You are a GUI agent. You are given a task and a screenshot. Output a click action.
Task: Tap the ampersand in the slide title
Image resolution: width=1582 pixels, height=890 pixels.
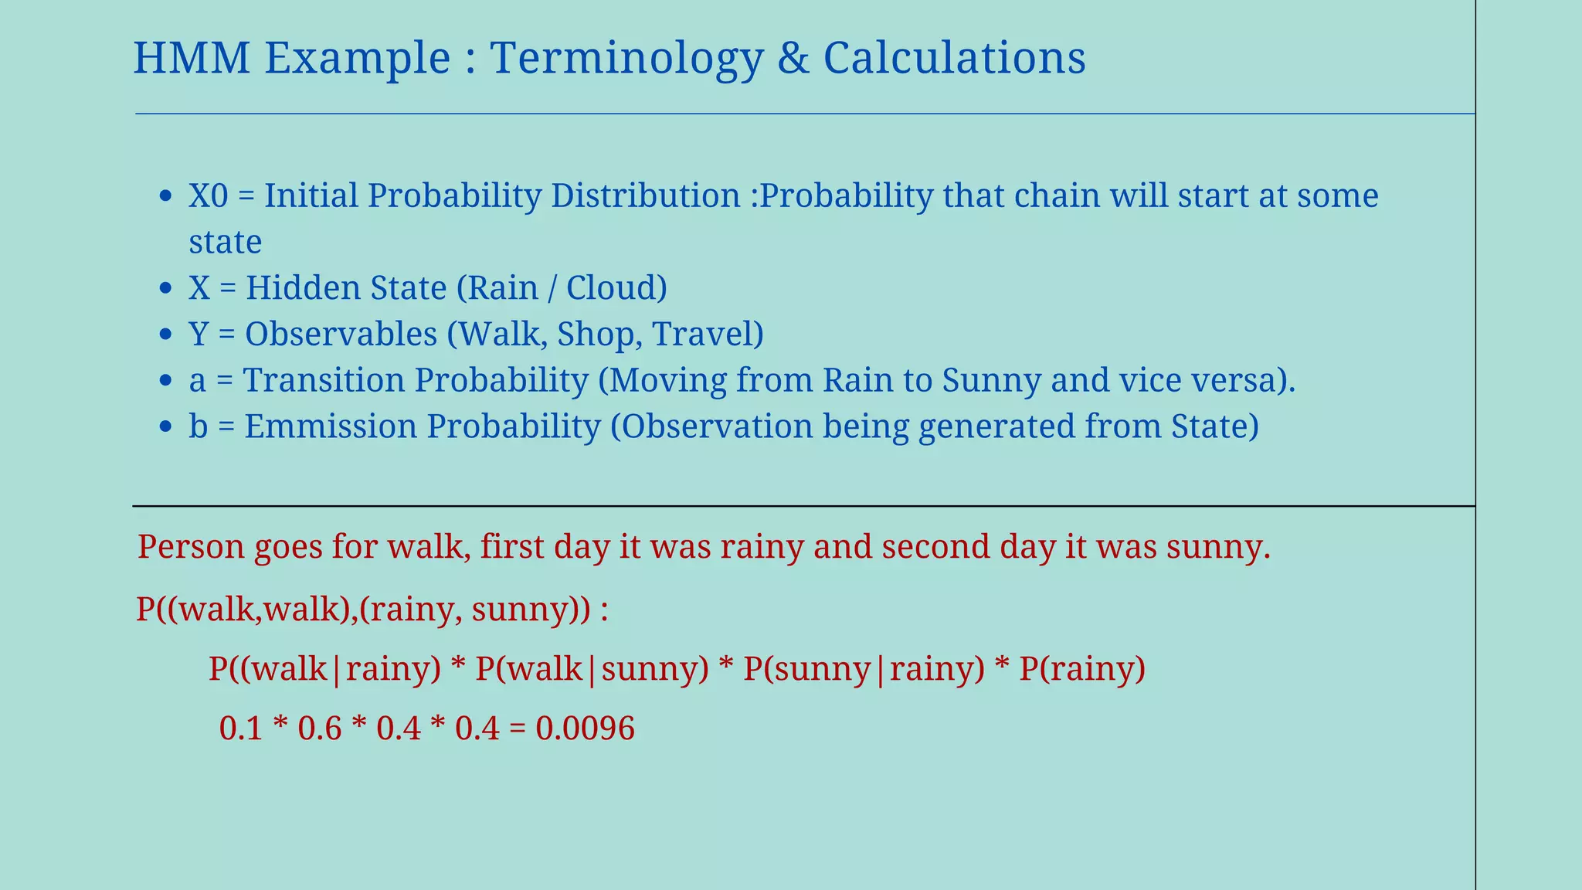click(793, 58)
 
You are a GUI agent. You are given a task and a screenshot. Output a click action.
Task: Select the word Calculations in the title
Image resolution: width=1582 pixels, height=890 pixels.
click(955, 58)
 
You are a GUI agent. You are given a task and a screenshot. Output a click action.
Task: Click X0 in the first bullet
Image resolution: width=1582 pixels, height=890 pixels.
click(209, 195)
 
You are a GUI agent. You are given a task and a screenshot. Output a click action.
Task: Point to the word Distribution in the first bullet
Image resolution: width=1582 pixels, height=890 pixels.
click(645, 195)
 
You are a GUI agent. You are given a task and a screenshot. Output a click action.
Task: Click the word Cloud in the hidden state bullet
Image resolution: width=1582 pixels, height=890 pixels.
click(610, 288)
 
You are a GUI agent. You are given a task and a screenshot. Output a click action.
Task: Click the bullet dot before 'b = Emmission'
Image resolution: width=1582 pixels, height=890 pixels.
click(165, 427)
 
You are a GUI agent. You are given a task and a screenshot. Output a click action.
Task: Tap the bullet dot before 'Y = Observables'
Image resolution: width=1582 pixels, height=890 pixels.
click(165, 335)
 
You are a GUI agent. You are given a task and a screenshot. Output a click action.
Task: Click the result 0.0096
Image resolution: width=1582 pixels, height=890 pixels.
click(585, 729)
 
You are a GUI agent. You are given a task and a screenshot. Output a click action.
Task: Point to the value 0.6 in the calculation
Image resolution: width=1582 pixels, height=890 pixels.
click(319, 729)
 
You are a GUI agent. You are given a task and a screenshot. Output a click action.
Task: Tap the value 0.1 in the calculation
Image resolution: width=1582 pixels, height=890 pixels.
click(241, 729)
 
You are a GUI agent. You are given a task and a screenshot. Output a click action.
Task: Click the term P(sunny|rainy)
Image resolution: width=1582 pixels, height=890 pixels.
click(864, 669)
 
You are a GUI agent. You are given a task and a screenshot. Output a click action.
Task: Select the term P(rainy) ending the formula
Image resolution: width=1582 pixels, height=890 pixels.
click(1081, 669)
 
